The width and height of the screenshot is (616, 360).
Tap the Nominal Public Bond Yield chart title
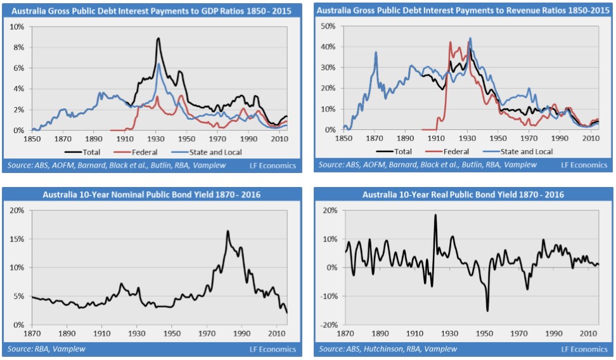tap(152, 194)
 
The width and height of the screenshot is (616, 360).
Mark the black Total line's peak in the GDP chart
tap(158, 39)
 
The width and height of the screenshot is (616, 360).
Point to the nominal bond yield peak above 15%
tap(227, 231)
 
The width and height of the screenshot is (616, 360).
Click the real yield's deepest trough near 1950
tap(487, 311)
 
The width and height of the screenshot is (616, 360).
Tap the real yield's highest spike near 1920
tap(435, 215)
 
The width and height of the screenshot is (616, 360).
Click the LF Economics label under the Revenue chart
tap(584, 165)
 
